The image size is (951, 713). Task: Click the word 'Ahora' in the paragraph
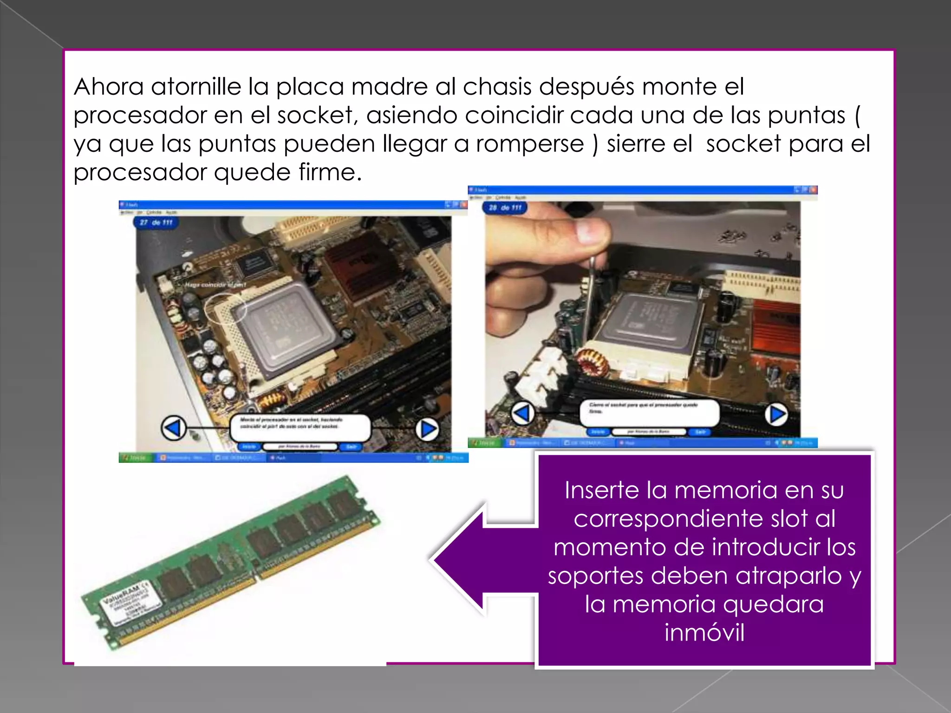(x=109, y=87)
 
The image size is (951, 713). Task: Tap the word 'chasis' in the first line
(x=497, y=87)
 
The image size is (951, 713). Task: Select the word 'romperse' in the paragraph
(x=530, y=144)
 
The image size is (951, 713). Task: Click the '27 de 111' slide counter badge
(x=156, y=222)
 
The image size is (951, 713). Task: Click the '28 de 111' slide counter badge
(x=505, y=207)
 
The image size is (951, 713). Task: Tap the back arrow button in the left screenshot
(x=174, y=428)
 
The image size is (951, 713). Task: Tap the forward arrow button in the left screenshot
(x=428, y=429)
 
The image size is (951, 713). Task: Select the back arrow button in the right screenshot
(x=522, y=413)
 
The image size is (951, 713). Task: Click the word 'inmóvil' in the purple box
(x=704, y=633)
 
